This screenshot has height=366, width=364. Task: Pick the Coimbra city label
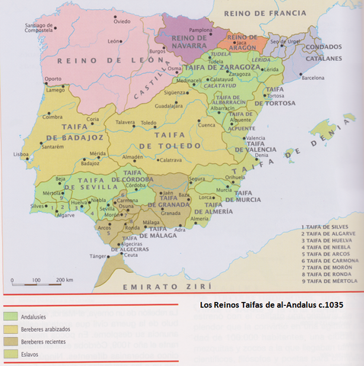(x=31, y=117)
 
